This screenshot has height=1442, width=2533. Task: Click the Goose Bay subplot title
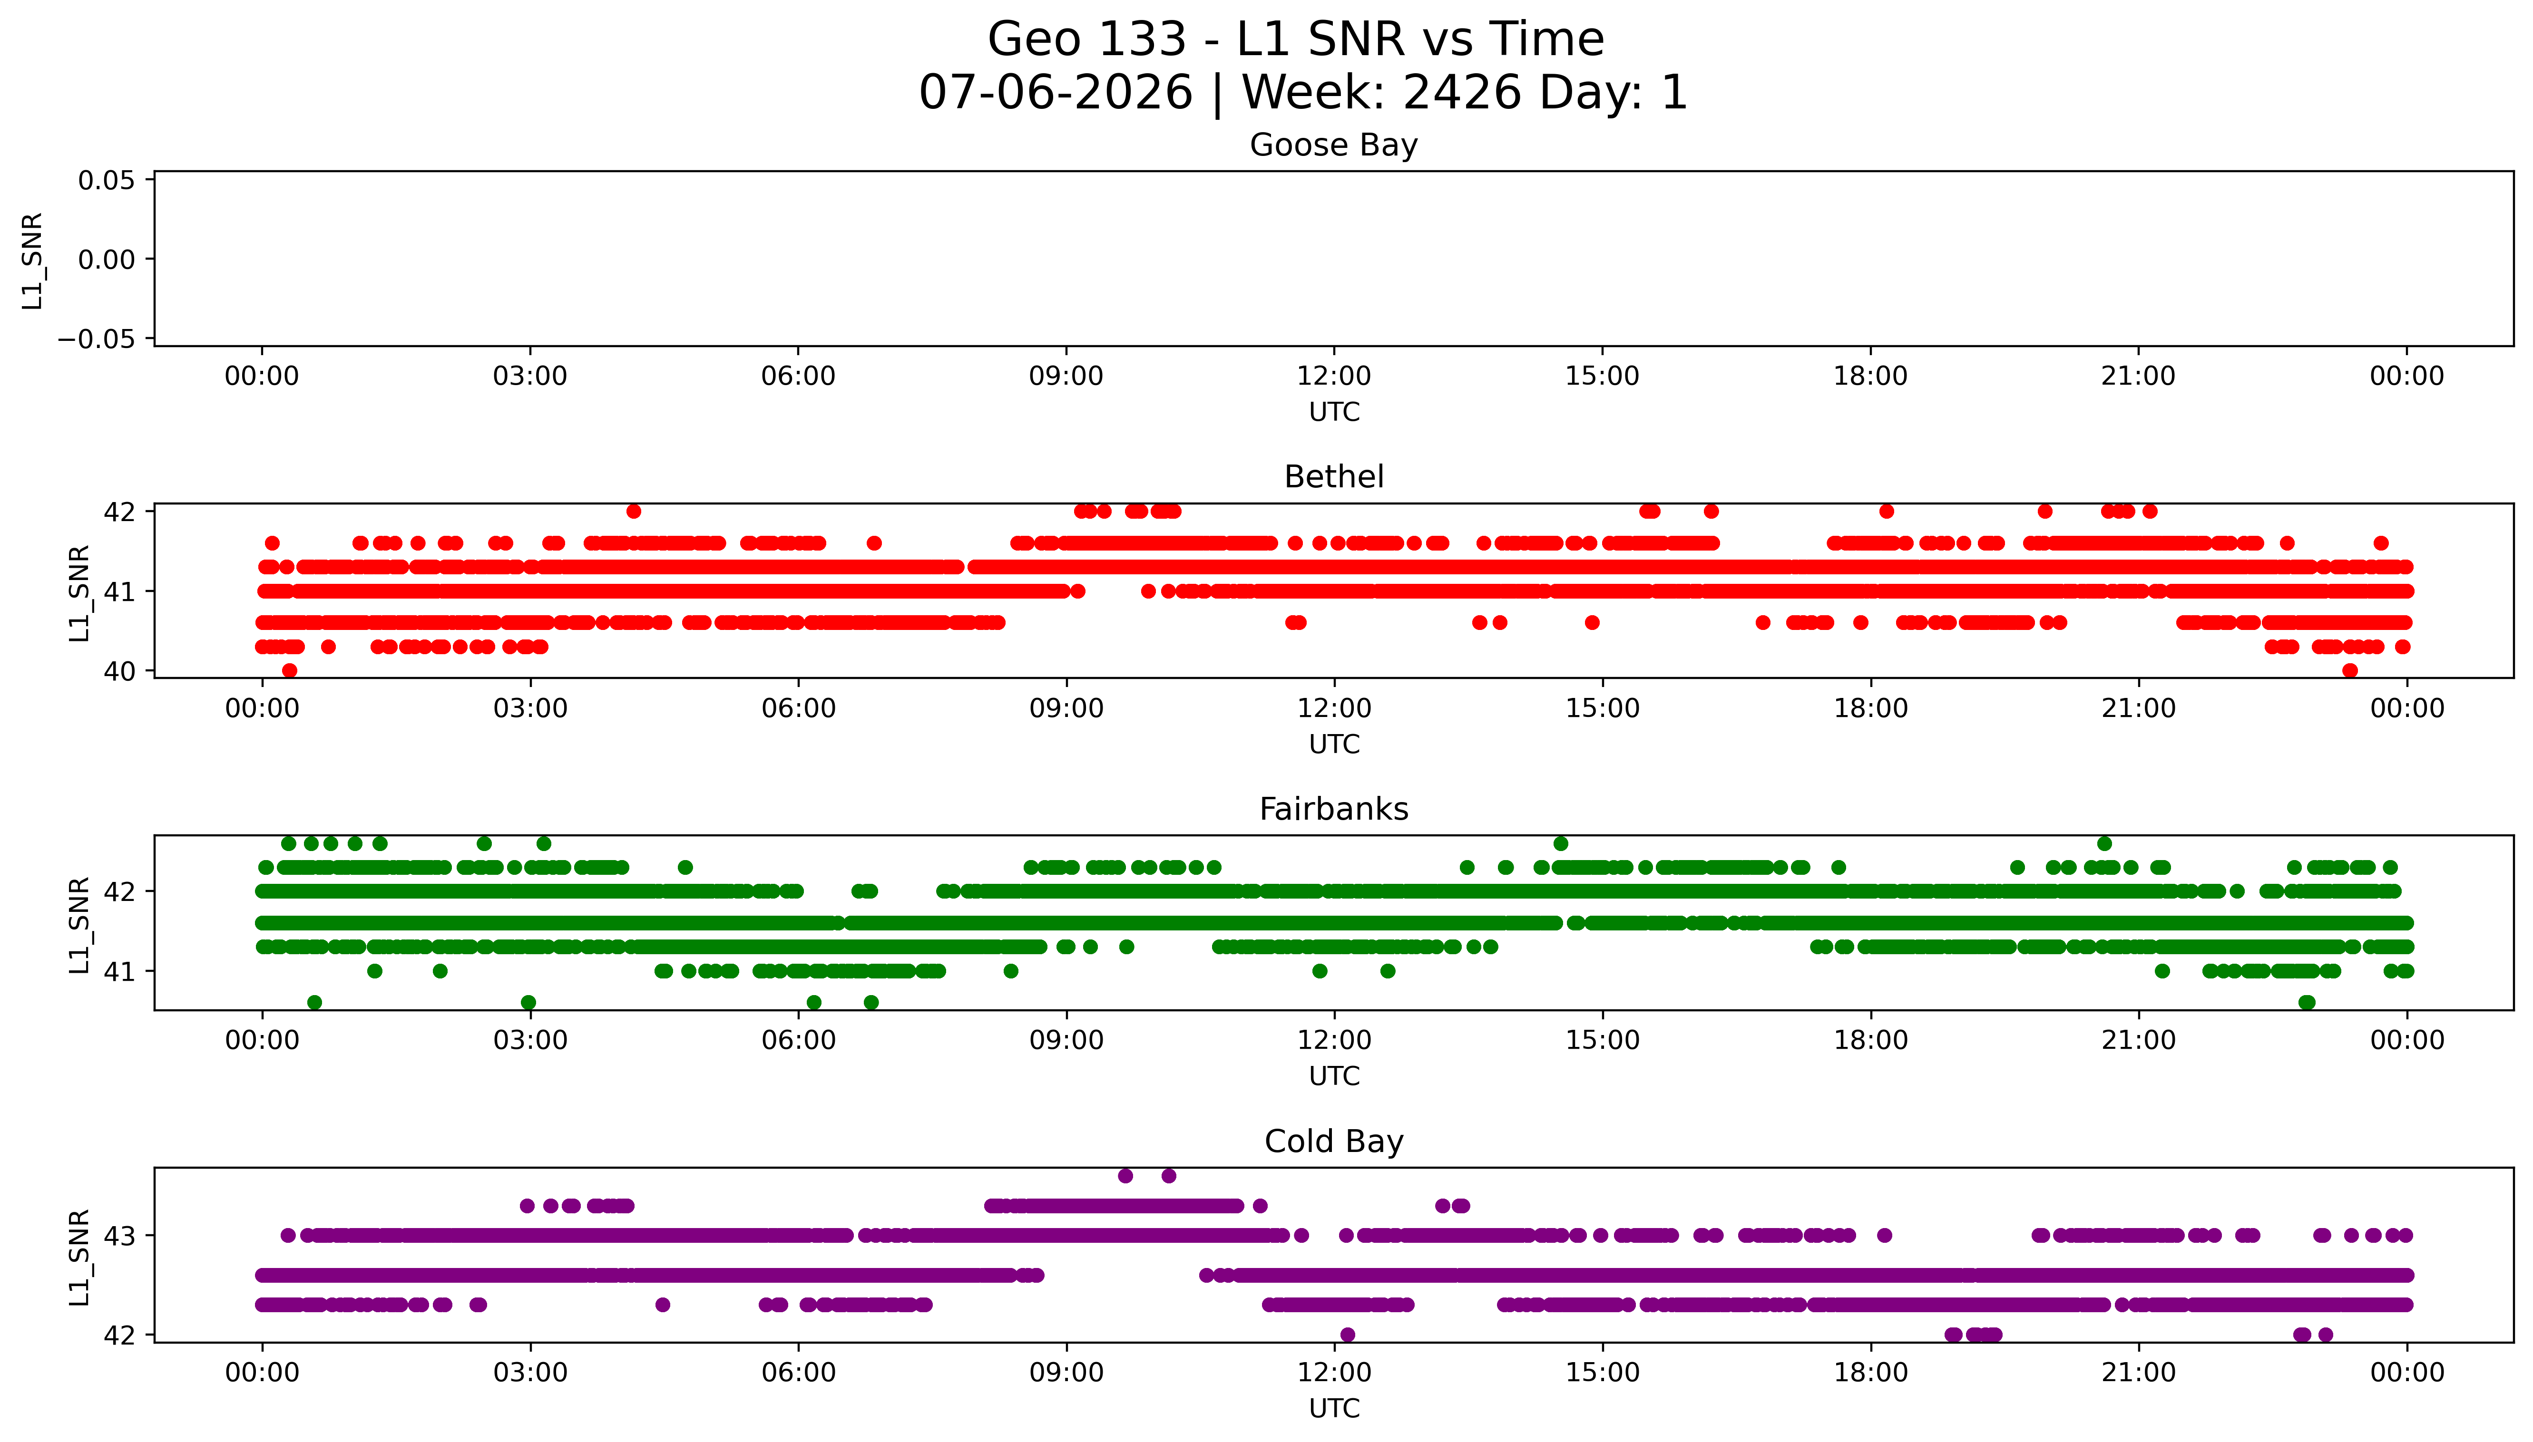(1333, 145)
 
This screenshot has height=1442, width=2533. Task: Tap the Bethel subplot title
(1333, 477)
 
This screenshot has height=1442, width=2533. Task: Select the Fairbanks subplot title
(1333, 809)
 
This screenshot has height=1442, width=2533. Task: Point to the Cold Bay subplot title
(1333, 1142)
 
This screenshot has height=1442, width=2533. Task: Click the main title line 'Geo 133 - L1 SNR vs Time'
(1296, 39)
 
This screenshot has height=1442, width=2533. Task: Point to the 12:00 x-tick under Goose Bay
(1333, 377)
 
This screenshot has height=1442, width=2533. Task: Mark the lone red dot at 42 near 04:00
(634, 511)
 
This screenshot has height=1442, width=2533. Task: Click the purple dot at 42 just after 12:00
(1347, 1334)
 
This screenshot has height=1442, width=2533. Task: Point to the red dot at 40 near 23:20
(2350, 670)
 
